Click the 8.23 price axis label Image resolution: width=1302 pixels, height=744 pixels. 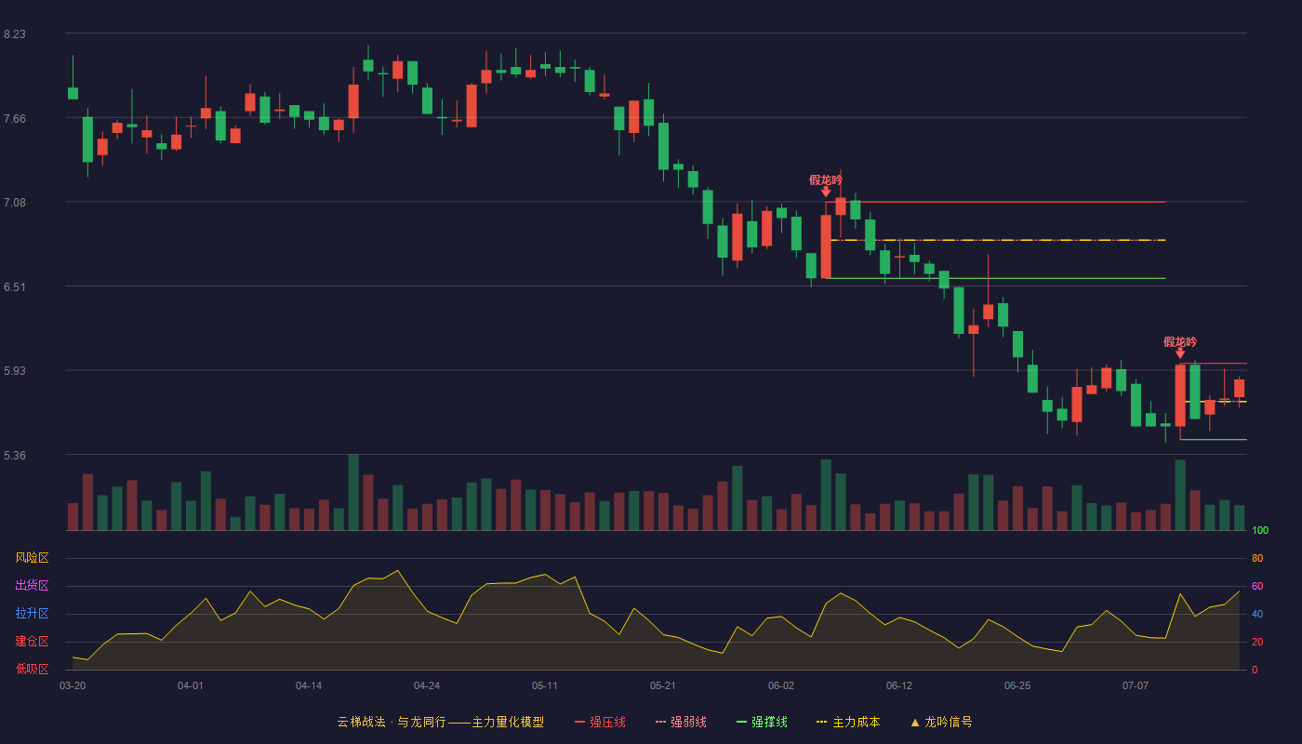coord(15,34)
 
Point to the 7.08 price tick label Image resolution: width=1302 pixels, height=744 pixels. coord(15,203)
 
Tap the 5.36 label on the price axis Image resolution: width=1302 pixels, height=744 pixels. coord(15,455)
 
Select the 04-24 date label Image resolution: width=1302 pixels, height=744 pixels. coord(427,686)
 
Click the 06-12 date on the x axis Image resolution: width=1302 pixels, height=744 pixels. coord(899,686)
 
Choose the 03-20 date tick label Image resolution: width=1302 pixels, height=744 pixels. coord(73,686)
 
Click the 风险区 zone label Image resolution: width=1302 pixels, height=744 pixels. coord(32,558)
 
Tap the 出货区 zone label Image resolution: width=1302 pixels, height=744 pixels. coord(32,585)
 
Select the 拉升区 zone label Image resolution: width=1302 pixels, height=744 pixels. coord(32,613)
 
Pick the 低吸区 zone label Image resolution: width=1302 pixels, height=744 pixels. coord(32,669)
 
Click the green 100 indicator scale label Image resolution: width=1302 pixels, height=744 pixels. coord(1260,530)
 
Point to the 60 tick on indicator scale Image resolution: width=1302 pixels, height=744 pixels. coord(1257,586)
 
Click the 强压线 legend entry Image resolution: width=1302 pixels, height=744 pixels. coord(600,722)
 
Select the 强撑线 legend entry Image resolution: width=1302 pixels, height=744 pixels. coord(762,722)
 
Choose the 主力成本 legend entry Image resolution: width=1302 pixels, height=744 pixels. coord(848,722)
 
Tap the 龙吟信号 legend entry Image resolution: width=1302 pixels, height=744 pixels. coord(941,722)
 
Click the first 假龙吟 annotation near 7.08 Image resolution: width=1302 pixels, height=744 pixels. coord(826,180)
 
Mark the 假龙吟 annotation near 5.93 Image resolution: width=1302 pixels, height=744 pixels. coord(1180,342)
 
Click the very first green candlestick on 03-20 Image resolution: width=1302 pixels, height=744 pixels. coord(73,93)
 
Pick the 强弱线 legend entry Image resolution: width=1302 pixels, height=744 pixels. coord(681,722)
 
